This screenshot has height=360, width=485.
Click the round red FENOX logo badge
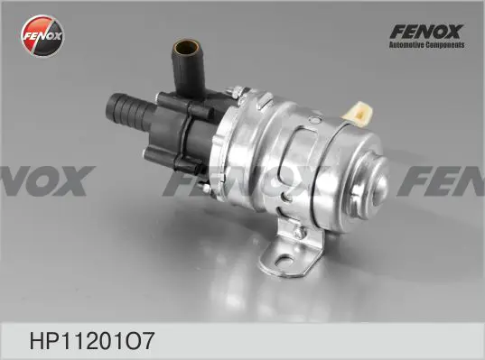coord(42,36)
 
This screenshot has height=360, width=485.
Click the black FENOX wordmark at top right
coord(426,32)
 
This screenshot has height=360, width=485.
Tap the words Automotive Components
coord(426,45)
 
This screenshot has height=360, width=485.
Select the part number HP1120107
coord(91,341)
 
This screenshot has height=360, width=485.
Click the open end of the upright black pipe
coord(186,47)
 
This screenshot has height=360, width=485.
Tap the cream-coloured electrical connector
coord(358,114)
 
